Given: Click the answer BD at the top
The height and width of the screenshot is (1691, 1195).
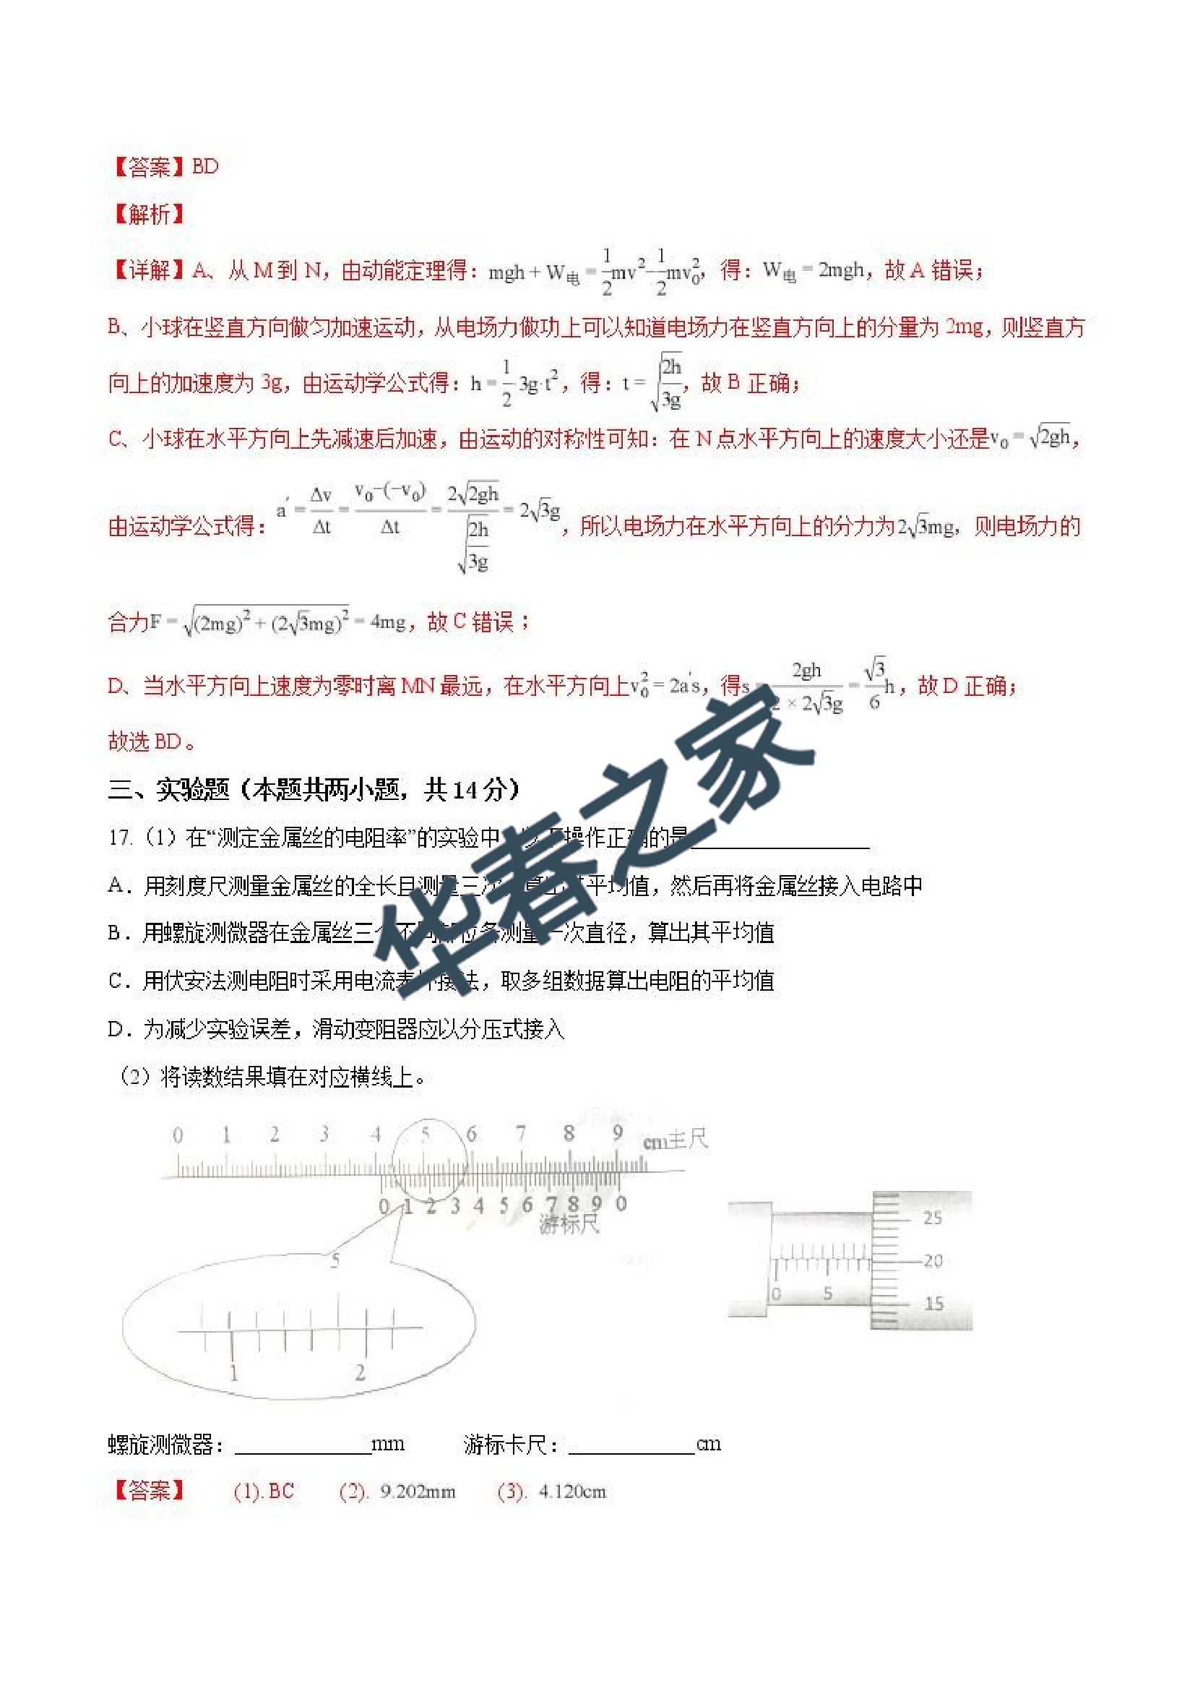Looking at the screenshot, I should (204, 166).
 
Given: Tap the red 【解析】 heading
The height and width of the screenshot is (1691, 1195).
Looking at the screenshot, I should (148, 215).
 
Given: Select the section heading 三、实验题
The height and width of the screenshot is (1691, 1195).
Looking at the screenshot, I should (168, 790).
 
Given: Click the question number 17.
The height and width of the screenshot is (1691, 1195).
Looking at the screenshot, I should (120, 838).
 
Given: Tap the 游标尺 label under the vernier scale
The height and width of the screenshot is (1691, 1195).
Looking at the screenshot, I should (569, 1224).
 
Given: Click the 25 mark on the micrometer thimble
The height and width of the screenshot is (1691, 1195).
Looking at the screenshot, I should (932, 1218).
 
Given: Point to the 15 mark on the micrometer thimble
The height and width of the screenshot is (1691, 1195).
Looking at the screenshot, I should (933, 1304).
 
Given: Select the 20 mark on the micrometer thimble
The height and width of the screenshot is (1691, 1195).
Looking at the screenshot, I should (933, 1261).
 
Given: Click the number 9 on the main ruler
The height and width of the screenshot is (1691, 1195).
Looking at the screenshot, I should (617, 1132).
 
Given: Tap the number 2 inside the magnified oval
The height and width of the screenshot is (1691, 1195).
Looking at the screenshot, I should (360, 1372).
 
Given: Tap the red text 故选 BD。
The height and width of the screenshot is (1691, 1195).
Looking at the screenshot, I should (152, 741).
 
